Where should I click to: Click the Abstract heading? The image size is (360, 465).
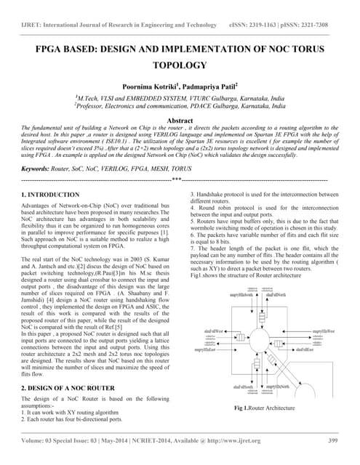pyautogui.click(x=180, y=120)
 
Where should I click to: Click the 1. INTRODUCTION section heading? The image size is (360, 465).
pyautogui.click(x=50, y=195)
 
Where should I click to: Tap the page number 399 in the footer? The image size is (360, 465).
pyautogui.click(x=333, y=440)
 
